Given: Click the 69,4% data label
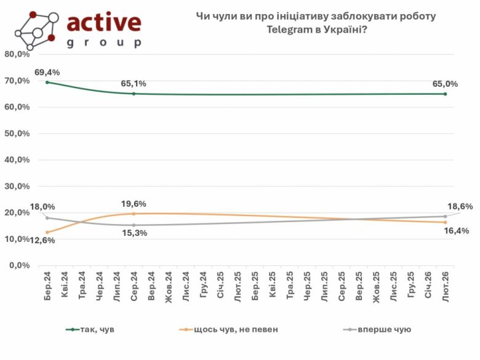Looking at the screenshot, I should pyautogui.click(x=47, y=72).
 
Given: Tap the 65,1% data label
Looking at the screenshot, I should pyautogui.click(x=134, y=84).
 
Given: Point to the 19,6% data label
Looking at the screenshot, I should pyautogui.click(x=134, y=204).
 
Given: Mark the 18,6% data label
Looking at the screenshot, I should pyautogui.click(x=460, y=207).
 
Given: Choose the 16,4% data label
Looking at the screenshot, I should pyautogui.click(x=457, y=231).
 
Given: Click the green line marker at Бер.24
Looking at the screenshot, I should pyautogui.click(x=47, y=82).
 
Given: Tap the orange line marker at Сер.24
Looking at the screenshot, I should pyautogui.click(x=134, y=214).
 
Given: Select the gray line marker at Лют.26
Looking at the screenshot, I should pyautogui.click(x=445, y=216).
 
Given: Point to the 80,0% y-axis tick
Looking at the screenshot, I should pyautogui.click(x=17, y=54).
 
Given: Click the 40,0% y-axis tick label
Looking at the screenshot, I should pyautogui.click(x=17, y=159).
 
